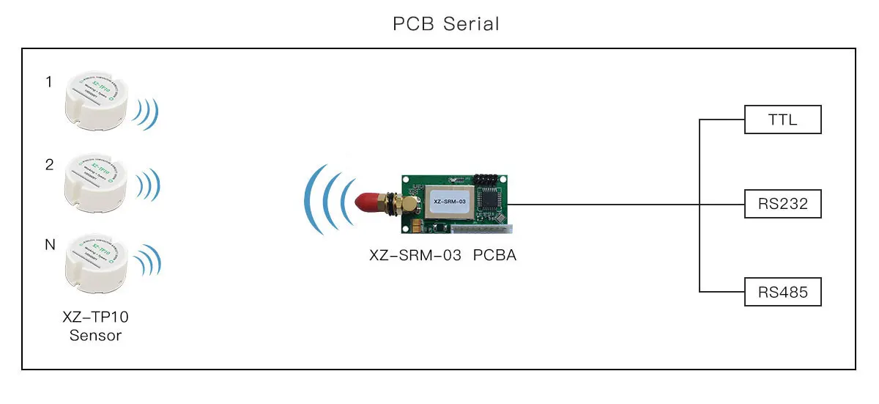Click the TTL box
(782, 120)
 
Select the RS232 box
(782, 205)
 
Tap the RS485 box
(782, 292)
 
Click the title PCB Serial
(446, 23)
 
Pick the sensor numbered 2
(96, 180)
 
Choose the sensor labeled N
(96, 260)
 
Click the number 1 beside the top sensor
(49, 82)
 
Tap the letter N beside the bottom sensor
(50, 245)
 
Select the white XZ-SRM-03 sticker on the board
(450, 201)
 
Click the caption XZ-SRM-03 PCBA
(442, 257)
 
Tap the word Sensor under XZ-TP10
(95, 336)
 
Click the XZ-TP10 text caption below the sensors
(95, 318)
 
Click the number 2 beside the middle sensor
(49, 165)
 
